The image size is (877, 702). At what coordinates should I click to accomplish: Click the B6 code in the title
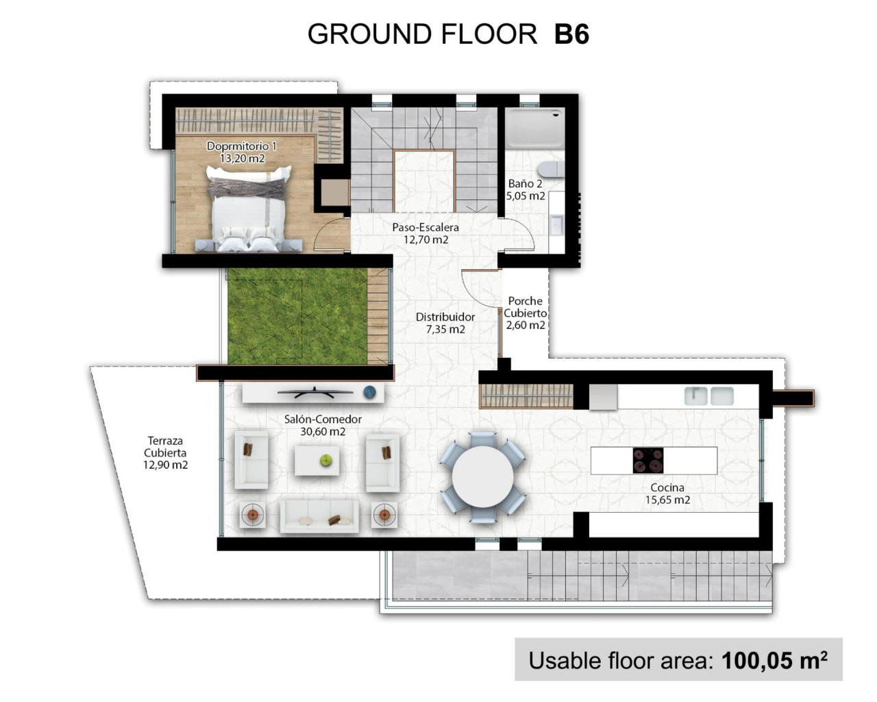point(571,34)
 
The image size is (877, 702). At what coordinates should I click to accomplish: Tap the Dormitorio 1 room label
point(241,152)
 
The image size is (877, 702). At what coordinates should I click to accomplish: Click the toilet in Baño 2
point(549,169)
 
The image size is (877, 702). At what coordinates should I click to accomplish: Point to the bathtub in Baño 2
point(534,128)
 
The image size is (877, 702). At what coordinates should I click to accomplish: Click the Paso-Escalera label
point(425,233)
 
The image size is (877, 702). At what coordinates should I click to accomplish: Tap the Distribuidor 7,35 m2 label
point(445,323)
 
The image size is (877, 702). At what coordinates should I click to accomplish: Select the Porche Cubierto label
point(526,313)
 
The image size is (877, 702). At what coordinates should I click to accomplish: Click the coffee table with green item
point(317,461)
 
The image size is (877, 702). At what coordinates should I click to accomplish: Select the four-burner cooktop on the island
point(647,461)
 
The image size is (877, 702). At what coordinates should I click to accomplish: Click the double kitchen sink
point(708,396)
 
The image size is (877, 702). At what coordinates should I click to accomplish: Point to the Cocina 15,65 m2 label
point(667,494)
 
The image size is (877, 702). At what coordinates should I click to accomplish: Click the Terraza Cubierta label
point(165,452)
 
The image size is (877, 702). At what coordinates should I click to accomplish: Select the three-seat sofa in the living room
point(319,516)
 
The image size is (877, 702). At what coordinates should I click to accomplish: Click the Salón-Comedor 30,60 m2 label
point(323,425)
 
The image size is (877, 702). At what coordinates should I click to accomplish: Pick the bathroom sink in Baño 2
point(556,223)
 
